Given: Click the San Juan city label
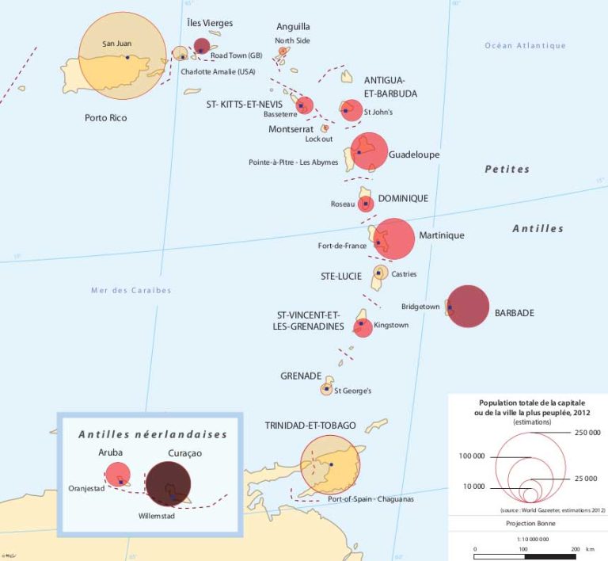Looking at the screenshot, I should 117,44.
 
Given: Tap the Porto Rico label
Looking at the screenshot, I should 106,118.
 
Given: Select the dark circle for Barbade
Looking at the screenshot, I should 468,306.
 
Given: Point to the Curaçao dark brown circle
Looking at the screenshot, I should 168,483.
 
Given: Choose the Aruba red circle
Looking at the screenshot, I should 118,473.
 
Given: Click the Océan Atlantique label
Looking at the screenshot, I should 525,46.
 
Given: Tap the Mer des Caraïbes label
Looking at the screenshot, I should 131,291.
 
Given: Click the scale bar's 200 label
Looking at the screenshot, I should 576,548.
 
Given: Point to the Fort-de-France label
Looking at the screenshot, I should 342,246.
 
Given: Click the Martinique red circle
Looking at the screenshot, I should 393,239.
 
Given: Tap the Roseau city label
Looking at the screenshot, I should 342,204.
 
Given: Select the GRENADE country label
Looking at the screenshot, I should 301,376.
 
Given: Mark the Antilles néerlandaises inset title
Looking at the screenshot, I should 153,434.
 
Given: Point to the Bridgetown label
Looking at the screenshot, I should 420,306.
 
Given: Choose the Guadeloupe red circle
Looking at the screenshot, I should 369,151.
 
